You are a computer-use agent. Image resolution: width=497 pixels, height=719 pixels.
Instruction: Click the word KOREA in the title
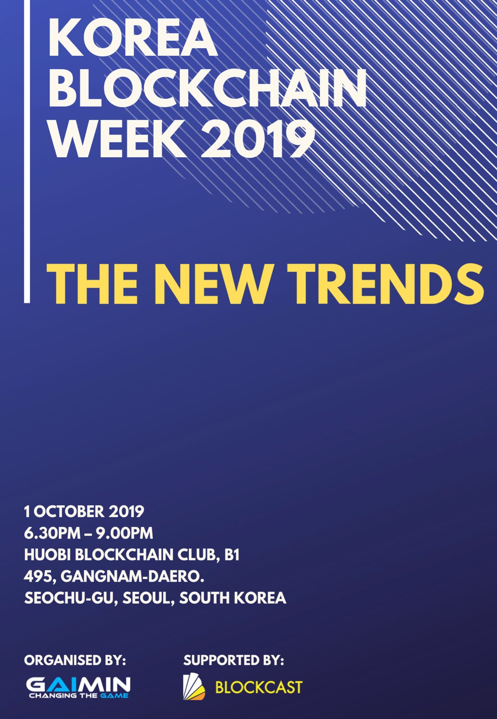coord(132,38)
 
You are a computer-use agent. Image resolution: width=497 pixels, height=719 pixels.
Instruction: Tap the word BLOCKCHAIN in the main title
coord(207,88)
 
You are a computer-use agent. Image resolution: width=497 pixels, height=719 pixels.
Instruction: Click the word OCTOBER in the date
coord(69,512)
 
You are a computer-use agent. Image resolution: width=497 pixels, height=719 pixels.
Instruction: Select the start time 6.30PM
coord(52,533)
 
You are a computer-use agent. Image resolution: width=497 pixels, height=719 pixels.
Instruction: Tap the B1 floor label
coord(232,555)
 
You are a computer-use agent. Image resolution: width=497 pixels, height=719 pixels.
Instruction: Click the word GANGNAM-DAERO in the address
coord(130,577)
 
